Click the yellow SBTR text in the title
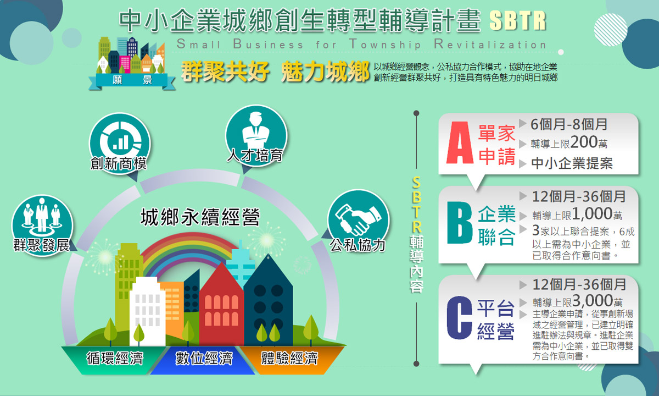518,21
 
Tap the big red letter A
460,143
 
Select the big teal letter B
460,223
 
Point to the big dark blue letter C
459,318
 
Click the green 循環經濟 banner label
115,359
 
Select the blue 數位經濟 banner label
204,359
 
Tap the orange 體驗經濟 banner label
289,359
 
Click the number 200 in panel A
584,142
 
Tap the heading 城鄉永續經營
200,217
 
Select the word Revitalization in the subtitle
490,44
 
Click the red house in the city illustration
221,306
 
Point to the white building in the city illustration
147,312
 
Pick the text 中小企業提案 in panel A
572,163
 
